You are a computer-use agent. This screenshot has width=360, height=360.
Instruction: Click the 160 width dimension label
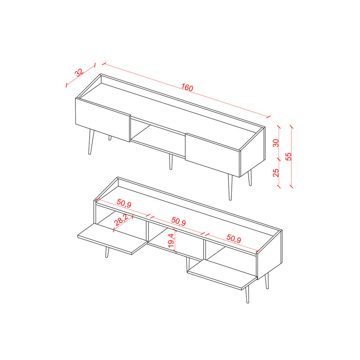pos(187,87)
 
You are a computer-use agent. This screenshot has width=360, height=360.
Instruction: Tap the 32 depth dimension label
pos(79,72)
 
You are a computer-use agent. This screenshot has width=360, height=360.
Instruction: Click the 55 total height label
pos(288,156)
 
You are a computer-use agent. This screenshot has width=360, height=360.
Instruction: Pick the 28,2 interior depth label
pos(121,220)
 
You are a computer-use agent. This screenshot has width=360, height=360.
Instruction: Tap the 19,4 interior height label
pos(171,240)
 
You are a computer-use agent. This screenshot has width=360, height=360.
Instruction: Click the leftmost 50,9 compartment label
pos(124,203)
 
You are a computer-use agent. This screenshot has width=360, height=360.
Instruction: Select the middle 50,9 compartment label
pos(178,221)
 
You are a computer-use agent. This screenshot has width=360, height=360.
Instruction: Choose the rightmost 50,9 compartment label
pos(234,238)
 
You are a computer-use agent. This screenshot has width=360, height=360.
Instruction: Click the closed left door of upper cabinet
pos(103,120)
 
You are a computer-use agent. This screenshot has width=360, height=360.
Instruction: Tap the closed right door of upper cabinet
pos(213,155)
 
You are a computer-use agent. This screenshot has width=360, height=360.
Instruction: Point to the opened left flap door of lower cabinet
pos(112,239)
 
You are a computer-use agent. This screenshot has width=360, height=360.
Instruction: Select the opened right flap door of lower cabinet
pos(222,275)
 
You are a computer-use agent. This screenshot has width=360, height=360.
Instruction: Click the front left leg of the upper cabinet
pos(91,142)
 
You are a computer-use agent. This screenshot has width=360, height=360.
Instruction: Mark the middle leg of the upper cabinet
pos(171,162)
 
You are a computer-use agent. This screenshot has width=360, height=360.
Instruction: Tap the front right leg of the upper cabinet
pos(230,187)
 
